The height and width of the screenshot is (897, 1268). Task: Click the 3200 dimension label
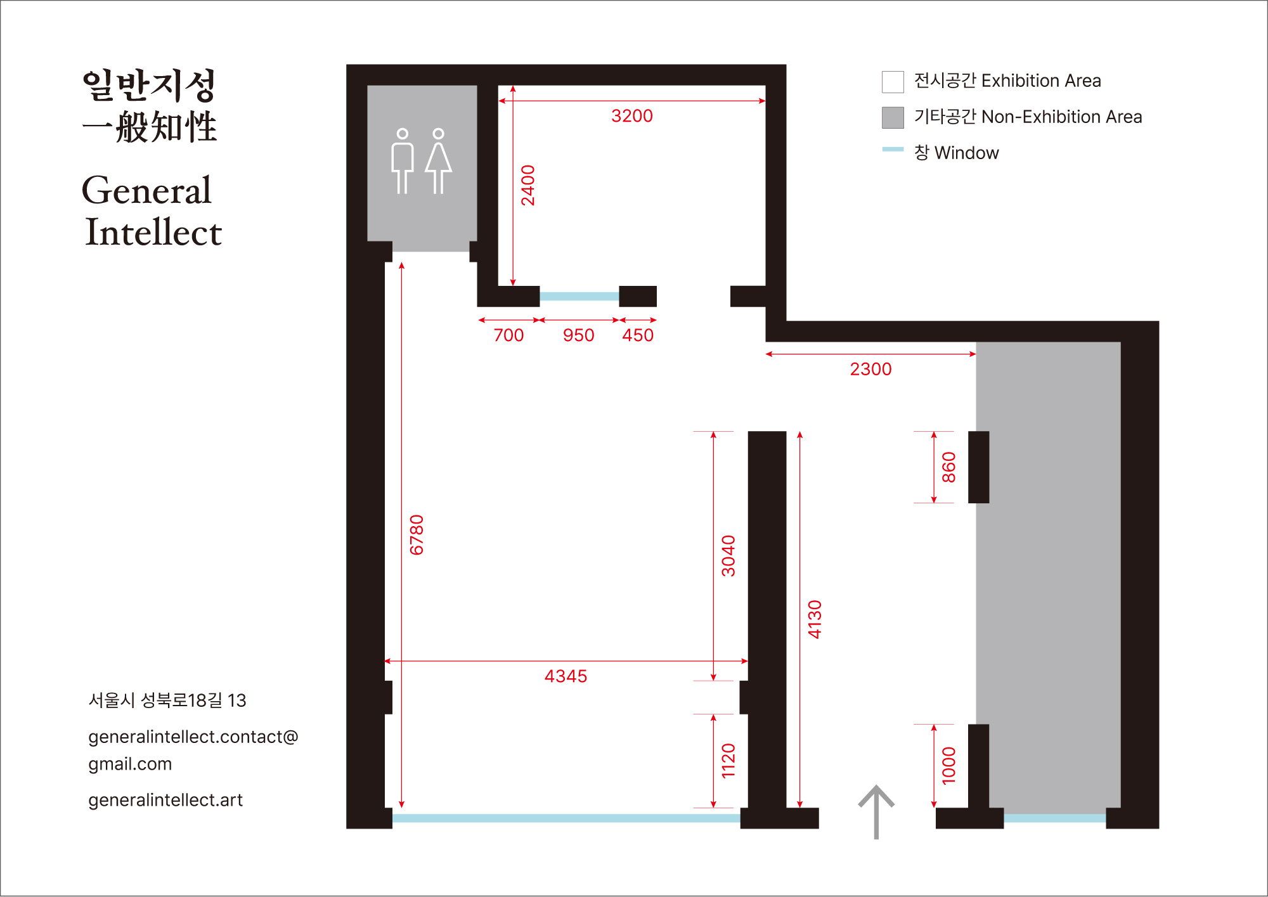[631, 116]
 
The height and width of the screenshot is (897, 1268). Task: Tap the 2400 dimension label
[528, 185]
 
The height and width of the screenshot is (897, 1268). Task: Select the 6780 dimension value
[417, 535]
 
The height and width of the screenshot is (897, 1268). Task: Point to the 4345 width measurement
[566, 676]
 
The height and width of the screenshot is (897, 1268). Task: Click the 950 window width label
[578, 335]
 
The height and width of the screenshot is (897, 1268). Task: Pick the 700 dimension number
[508, 335]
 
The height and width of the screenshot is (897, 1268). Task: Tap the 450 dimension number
[638, 335]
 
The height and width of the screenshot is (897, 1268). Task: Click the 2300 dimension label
[870, 369]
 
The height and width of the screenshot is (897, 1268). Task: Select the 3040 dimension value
[728, 556]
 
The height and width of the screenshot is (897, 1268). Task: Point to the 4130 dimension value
[815, 619]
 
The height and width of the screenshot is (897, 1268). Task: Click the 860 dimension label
[948, 467]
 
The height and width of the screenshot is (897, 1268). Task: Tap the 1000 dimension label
[948, 766]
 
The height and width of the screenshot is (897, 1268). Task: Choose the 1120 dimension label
[728, 761]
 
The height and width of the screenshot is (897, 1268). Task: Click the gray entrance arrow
[876, 811]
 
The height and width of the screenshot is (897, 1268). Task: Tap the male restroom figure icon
[402, 161]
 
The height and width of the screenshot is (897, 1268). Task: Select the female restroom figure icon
[438, 161]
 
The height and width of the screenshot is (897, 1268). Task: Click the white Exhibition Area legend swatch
[893, 82]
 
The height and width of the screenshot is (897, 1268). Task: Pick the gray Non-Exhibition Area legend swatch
[893, 117]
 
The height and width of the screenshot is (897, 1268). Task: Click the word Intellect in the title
[153, 232]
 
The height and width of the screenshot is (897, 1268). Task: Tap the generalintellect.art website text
[165, 800]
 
